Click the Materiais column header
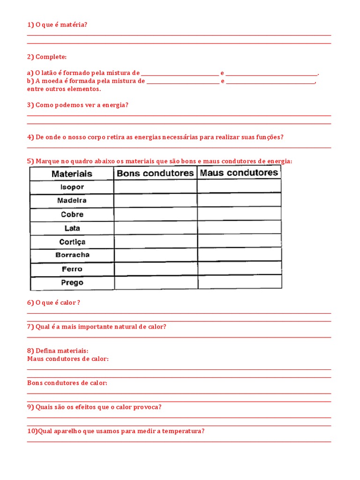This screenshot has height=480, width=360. (x=72, y=173)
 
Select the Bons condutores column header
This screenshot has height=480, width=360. (x=155, y=173)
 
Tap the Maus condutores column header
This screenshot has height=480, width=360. (x=239, y=172)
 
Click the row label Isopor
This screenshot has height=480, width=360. (x=72, y=187)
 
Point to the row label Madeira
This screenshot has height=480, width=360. (x=72, y=201)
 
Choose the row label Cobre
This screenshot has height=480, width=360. (x=72, y=214)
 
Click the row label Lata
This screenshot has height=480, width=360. (x=72, y=228)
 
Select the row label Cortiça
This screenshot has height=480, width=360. (x=72, y=242)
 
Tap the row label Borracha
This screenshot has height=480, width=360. (x=72, y=255)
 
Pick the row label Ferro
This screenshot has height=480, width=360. (x=72, y=269)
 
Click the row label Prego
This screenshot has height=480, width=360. (x=72, y=283)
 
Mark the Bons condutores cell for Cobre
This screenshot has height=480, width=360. (x=155, y=214)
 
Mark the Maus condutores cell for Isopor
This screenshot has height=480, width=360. (x=239, y=187)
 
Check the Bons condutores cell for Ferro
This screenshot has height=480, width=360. (x=155, y=269)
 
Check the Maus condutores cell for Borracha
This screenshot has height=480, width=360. (x=239, y=255)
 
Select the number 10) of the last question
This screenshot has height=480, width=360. (x=32, y=431)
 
